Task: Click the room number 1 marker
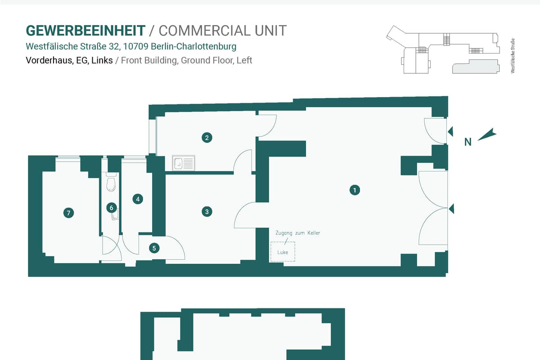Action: tap(355, 190)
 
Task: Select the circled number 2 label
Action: tap(207, 138)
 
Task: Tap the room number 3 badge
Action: tap(207, 211)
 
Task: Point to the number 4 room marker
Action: tap(138, 199)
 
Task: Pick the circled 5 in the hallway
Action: tap(154, 248)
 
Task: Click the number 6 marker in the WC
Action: tap(112, 208)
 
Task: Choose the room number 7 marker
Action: tap(69, 213)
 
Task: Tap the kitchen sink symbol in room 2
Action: tap(184, 163)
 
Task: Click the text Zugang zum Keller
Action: tap(298, 233)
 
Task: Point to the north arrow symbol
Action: tap(487, 135)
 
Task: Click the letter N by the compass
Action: tap(468, 142)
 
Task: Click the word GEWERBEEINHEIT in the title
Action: tap(85, 31)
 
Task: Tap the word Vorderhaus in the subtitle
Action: tap(49, 60)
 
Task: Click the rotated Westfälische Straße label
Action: tap(513, 56)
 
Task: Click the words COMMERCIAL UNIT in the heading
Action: tap(222, 31)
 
